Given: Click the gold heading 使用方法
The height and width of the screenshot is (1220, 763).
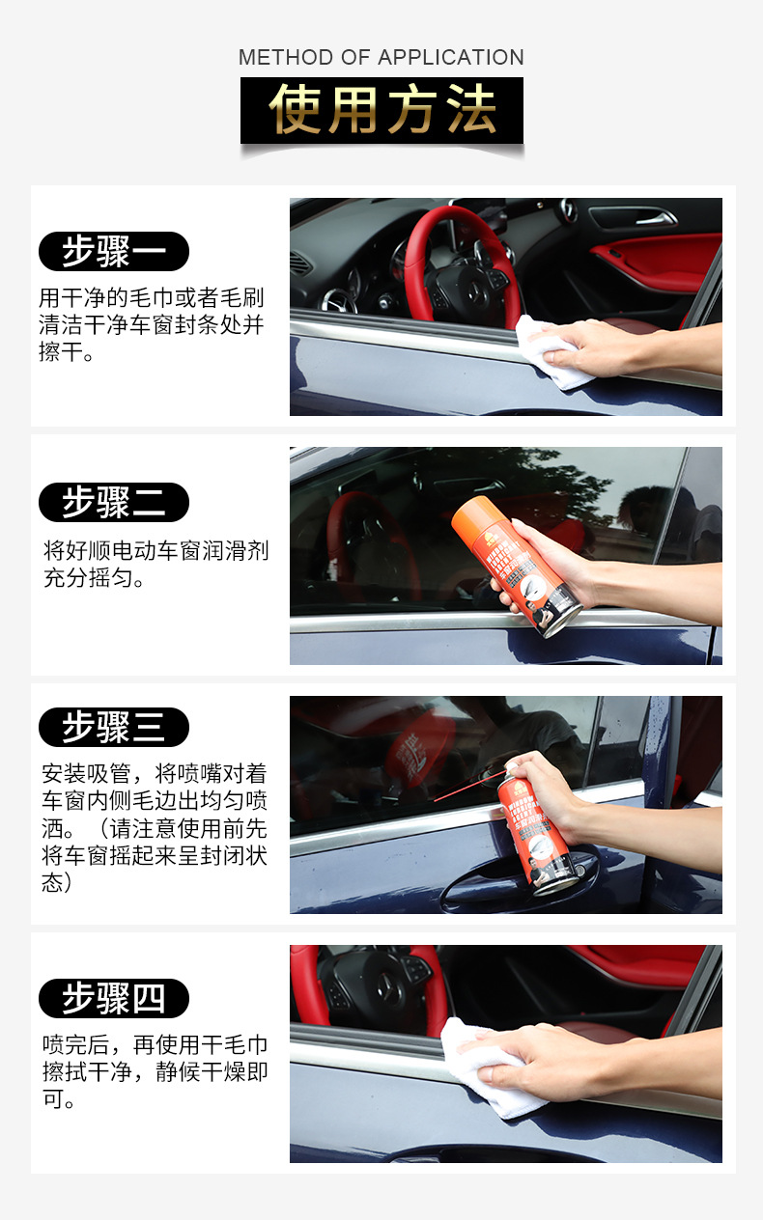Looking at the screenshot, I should click(381, 110).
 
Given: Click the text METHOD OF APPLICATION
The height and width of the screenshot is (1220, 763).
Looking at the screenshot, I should click(381, 57).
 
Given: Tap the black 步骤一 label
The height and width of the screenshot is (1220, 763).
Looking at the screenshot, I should click(113, 252).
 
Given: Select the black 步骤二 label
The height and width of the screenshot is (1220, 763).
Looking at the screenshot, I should click(113, 502).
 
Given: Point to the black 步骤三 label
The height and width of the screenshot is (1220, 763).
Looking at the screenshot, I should click(113, 727).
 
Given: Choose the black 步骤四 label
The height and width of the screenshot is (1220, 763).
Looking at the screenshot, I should click(113, 998).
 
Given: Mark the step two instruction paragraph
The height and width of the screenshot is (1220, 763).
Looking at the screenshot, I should click(155, 565).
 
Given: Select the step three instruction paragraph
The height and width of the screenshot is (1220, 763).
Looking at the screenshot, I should click(154, 828).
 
